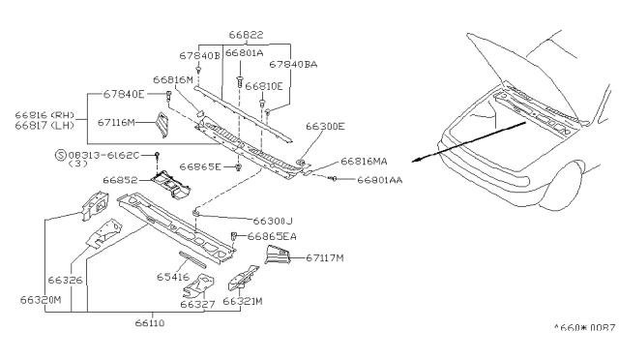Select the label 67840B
tap(198, 57)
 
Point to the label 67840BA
tap(293, 65)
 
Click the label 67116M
tap(120, 123)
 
